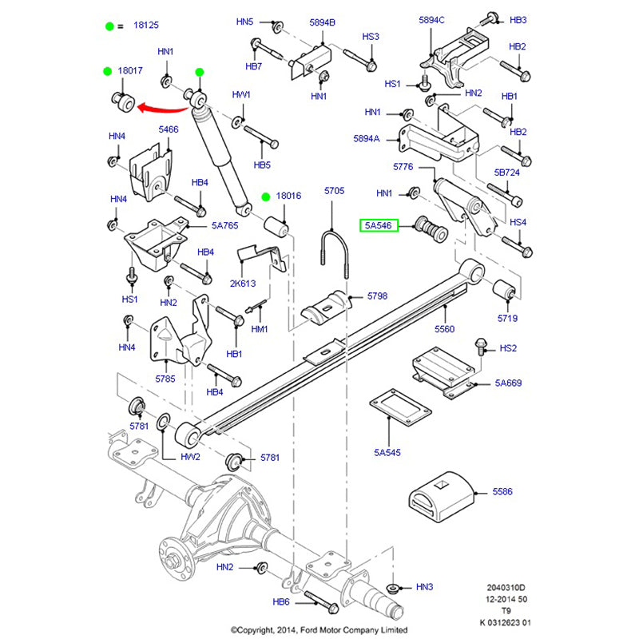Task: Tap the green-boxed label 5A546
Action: pyautogui.click(x=379, y=226)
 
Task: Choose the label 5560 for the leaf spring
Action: pyautogui.click(x=446, y=328)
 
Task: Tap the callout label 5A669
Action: pyautogui.click(x=507, y=383)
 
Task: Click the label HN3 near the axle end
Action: pyautogui.click(x=424, y=587)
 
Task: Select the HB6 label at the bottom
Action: pyautogui.click(x=280, y=602)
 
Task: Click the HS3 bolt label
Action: pyautogui.click(x=371, y=37)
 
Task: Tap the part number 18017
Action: pyautogui.click(x=129, y=71)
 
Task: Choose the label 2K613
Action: pyautogui.click(x=244, y=284)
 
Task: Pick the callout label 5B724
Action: pyautogui.click(x=506, y=172)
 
